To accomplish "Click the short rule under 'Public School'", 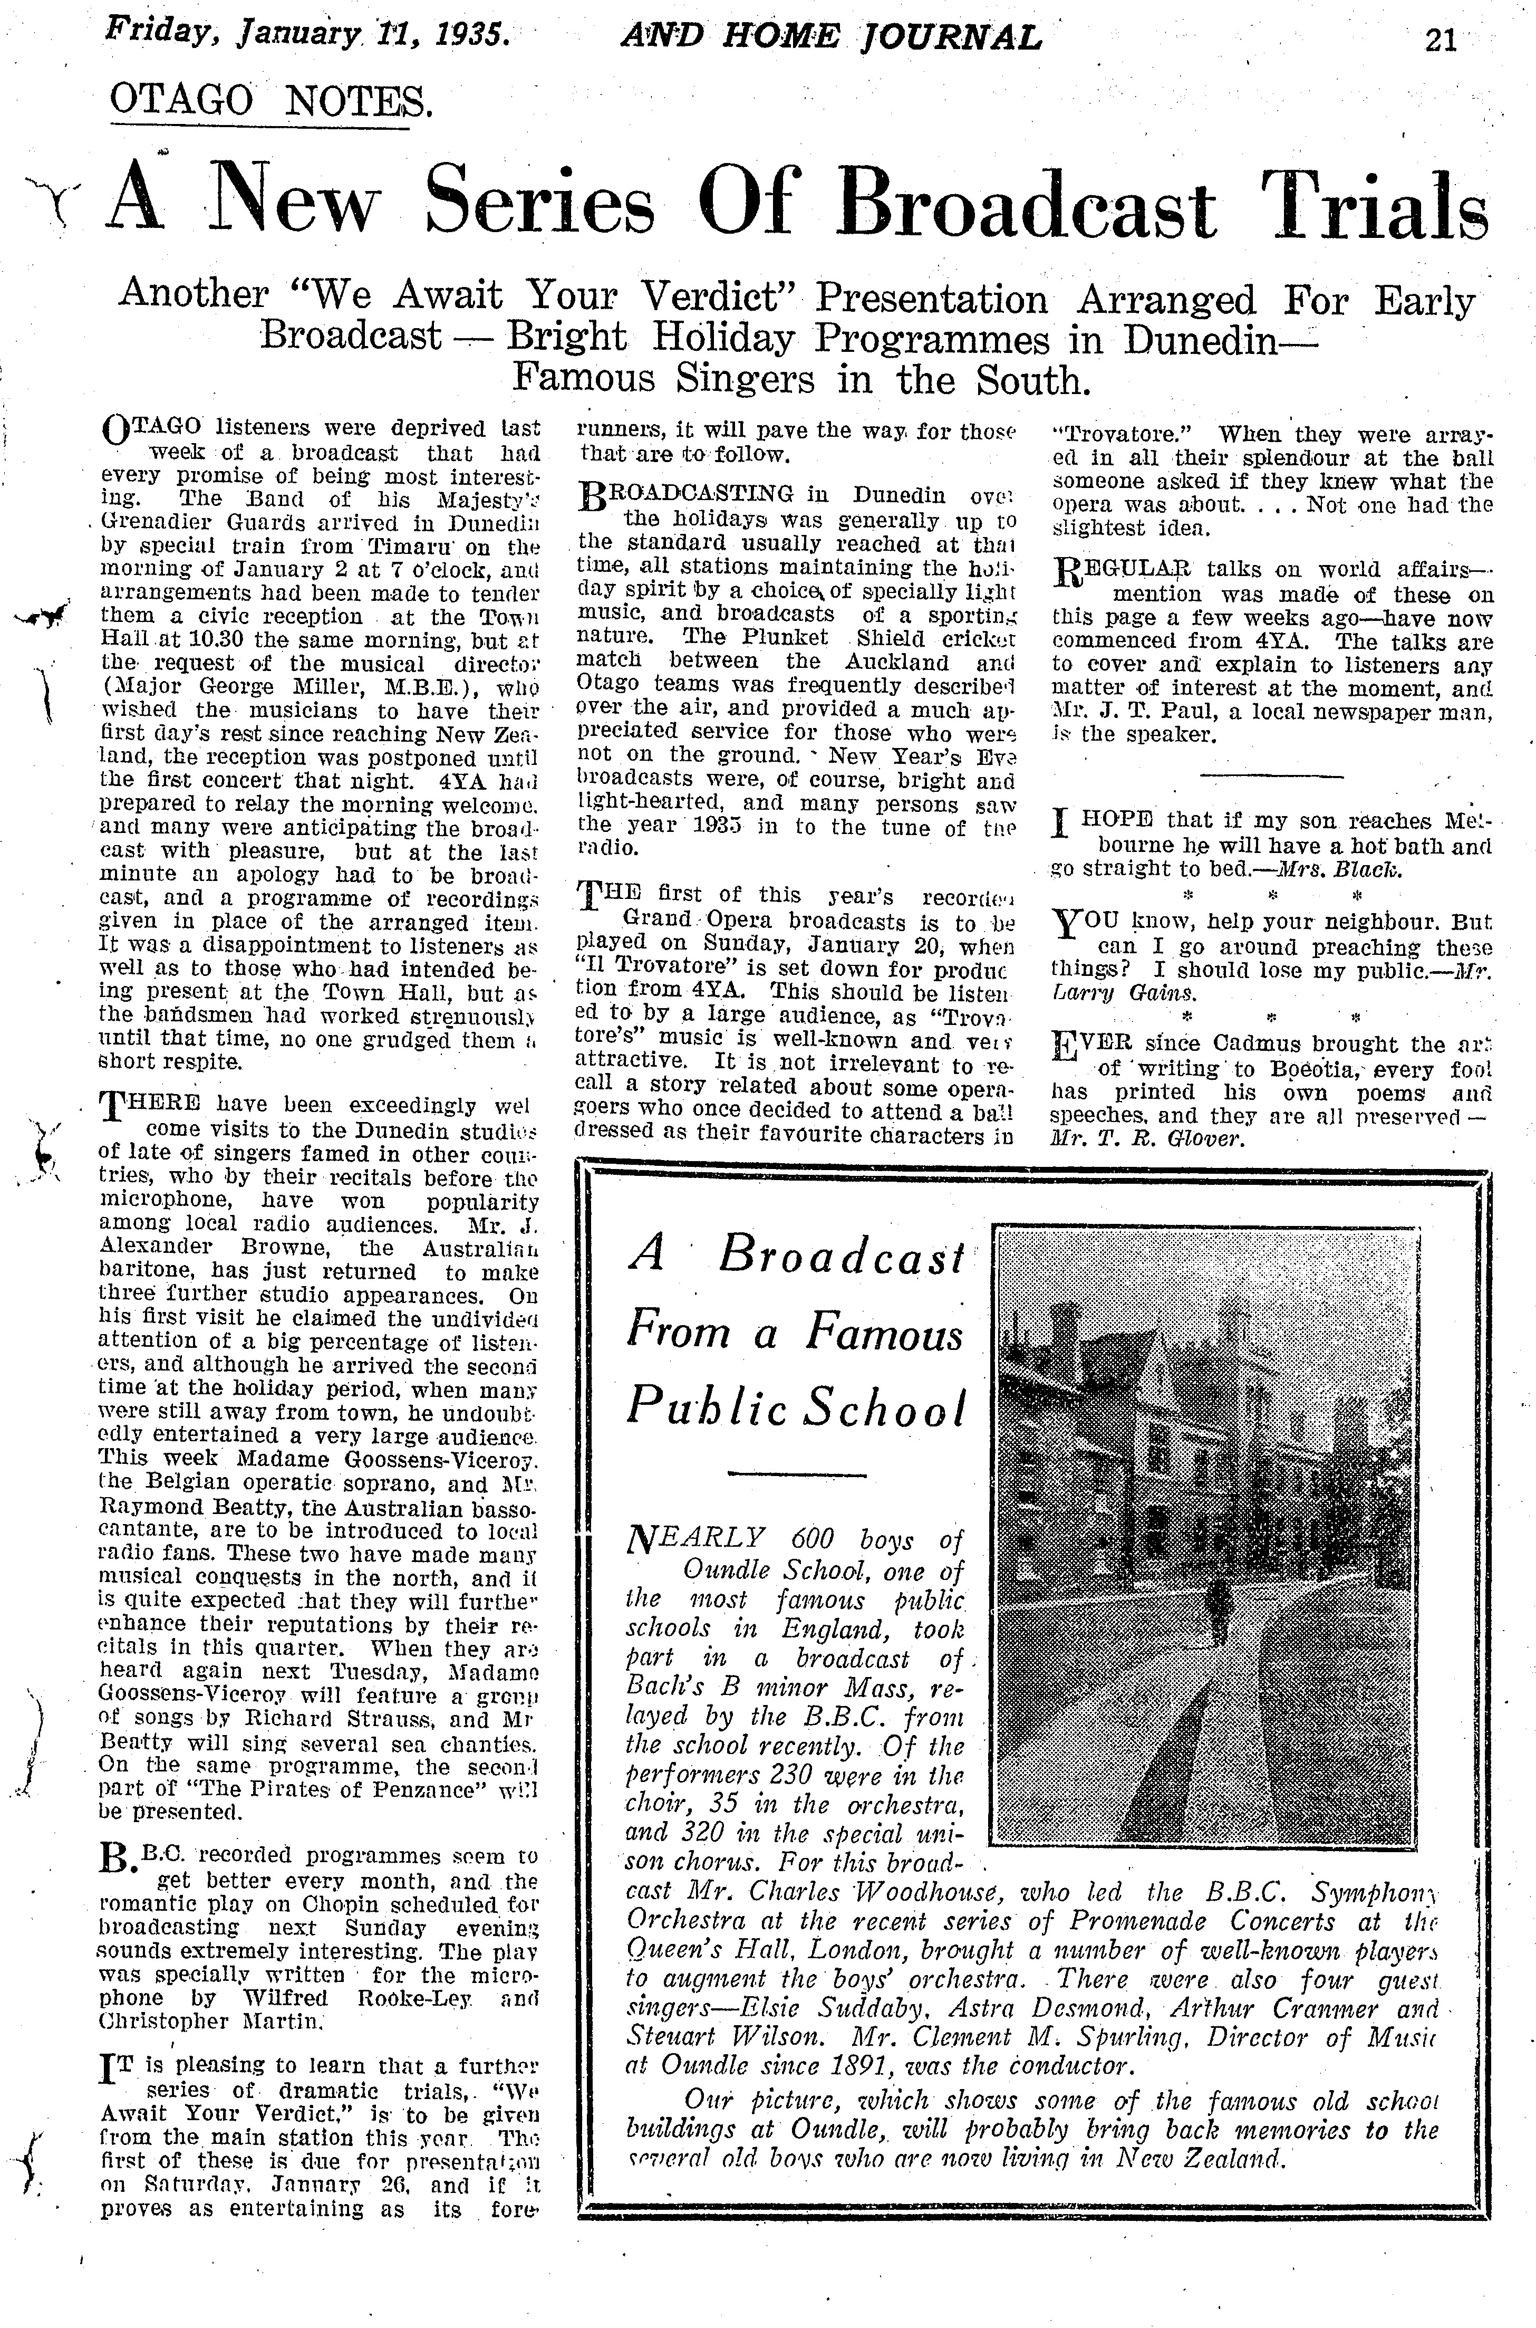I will click(798, 1473).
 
